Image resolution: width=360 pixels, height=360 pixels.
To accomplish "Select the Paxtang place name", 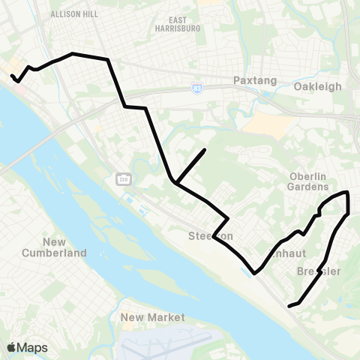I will click(254, 80).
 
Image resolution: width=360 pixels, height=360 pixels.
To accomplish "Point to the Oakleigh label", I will click(317, 86).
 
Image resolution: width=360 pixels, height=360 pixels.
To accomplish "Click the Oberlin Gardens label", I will click(308, 181).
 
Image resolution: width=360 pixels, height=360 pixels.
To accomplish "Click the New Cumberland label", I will click(64, 247).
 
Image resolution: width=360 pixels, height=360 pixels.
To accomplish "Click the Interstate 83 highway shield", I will click(196, 88).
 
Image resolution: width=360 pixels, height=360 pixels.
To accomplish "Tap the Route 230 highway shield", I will click(122, 178).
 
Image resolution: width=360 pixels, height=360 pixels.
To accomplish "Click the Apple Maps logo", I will click(27, 347).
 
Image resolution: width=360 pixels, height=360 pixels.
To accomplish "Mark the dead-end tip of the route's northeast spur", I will click(205, 150).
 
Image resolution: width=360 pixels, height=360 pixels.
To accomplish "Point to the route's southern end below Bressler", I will click(289, 305).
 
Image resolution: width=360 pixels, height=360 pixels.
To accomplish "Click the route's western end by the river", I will click(12, 75).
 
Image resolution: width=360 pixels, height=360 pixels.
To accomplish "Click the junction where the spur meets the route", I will click(174, 181).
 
